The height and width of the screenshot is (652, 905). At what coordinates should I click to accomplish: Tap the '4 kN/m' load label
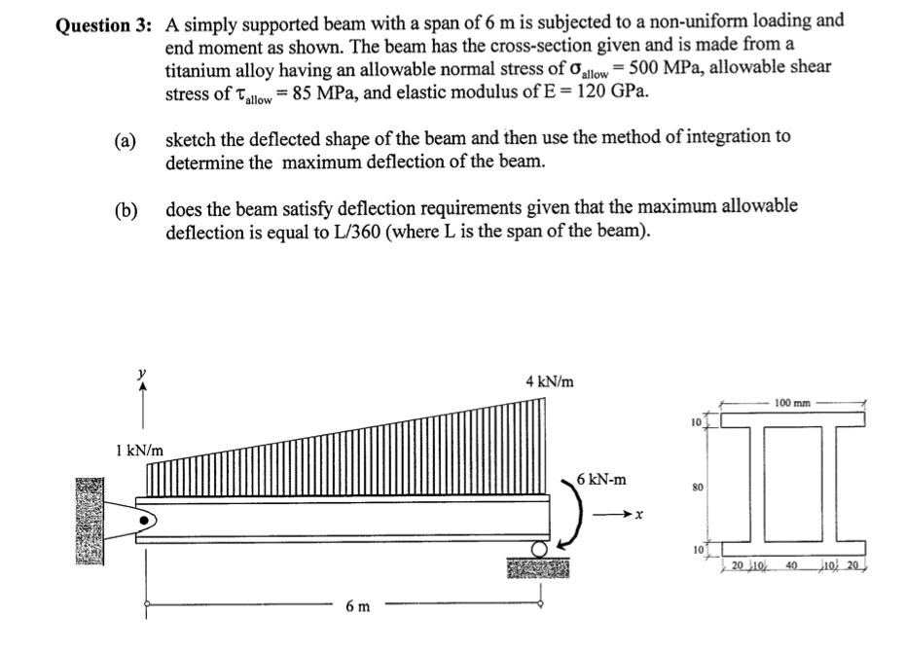tap(549, 381)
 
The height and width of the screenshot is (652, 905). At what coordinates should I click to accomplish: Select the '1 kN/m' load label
tap(138, 451)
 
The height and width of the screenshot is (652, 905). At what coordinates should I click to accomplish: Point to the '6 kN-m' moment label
tap(601, 480)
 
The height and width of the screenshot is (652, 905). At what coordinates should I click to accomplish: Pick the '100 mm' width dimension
tap(794, 401)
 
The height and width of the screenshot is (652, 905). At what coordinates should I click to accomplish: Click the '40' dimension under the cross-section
tap(793, 565)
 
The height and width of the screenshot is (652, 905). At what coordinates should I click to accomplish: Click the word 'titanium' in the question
tap(200, 69)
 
